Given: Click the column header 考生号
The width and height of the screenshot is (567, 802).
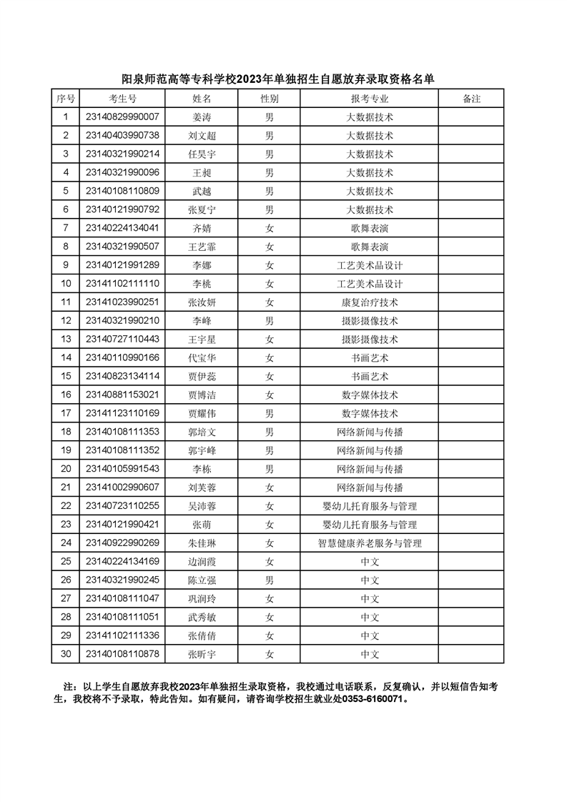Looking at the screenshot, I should click(x=122, y=99).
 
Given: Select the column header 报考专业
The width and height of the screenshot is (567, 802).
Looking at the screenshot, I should click(x=369, y=99).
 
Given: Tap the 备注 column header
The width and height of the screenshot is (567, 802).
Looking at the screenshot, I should click(x=471, y=99).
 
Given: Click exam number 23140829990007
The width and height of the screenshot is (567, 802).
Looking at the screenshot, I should click(x=122, y=117).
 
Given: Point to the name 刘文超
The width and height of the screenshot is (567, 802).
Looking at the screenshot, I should click(x=202, y=136).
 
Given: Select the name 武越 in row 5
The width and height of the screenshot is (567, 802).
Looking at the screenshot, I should click(x=202, y=192).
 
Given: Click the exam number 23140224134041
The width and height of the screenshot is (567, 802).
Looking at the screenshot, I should click(x=122, y=228).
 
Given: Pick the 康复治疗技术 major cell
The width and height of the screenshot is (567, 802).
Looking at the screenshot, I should click(x=369, y=302).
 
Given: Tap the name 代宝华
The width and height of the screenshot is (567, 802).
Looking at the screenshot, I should click(x=202, y=358).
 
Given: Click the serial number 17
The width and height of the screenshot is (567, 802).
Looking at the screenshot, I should click(x=66, y=413).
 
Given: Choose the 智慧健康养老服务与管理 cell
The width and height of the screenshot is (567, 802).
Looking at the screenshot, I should click(x=369, y=543).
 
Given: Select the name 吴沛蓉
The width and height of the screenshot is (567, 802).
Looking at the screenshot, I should click(x=202, y=506).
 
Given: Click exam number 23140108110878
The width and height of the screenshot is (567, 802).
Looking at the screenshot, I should click(x=122, y=654).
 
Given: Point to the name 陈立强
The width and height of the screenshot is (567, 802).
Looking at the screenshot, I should click(x=202, y=580).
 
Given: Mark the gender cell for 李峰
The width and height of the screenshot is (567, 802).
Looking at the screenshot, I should click(x=270, y=321).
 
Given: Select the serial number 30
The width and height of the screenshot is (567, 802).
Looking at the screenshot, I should click(x=66, y=654).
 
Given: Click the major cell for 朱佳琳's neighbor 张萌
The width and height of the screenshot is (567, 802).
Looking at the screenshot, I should click(x=369, y=525).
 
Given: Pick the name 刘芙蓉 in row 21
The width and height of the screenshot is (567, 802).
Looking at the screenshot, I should click(x=202, y=487).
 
